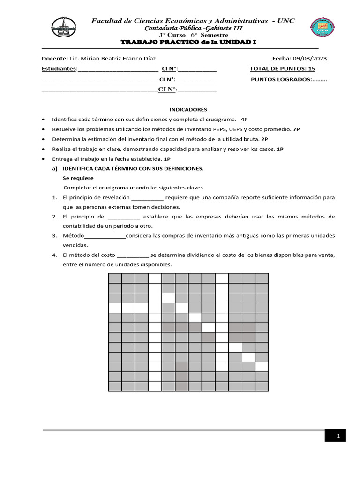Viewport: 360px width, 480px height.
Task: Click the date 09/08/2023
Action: pos(310,59)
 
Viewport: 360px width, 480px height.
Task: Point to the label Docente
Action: pos(54,59)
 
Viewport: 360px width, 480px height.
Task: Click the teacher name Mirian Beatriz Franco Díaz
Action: pos(116,59)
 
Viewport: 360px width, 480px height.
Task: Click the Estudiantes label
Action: pos(59,69)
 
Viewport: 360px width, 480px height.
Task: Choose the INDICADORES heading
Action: pos(188,109)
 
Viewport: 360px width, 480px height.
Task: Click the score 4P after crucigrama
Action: pos(244,119)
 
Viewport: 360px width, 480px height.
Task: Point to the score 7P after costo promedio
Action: pos(296,129)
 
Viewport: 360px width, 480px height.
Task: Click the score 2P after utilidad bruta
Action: pos(264,139)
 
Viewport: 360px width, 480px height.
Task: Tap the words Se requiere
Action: pos(78,178)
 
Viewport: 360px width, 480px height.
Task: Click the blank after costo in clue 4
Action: pos(133,255)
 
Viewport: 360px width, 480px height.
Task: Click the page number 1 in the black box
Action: pos(338,436)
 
